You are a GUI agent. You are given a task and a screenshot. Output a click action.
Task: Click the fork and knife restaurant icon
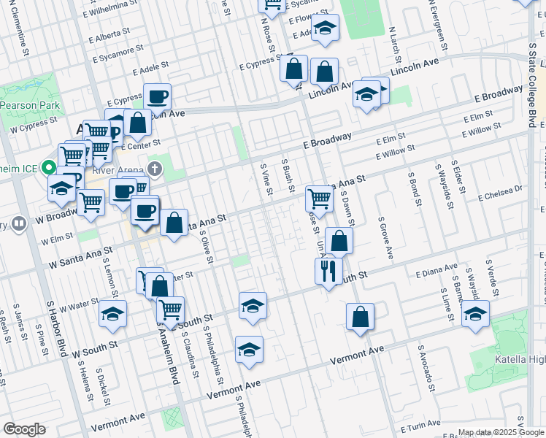pos(328,271)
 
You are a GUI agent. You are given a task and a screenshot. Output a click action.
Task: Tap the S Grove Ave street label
pos(385,238)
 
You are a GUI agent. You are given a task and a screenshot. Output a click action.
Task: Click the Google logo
pos(24,429)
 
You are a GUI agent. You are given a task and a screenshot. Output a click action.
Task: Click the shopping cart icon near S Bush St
pos(319,197)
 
